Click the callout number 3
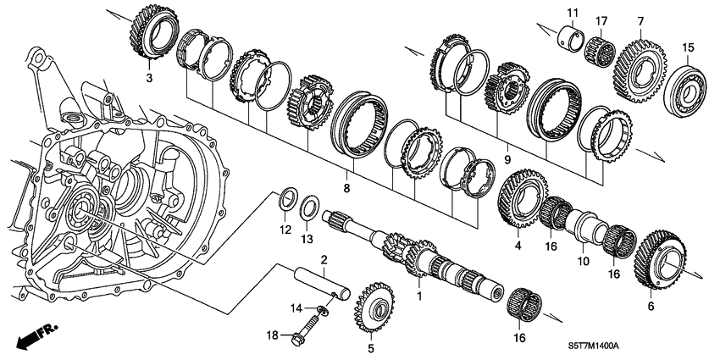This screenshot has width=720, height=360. tap(150, 79)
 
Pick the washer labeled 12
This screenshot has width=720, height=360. tap(288, 203)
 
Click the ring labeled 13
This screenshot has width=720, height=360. tap(311, 206)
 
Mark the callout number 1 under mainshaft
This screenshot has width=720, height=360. tap(418, 296)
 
